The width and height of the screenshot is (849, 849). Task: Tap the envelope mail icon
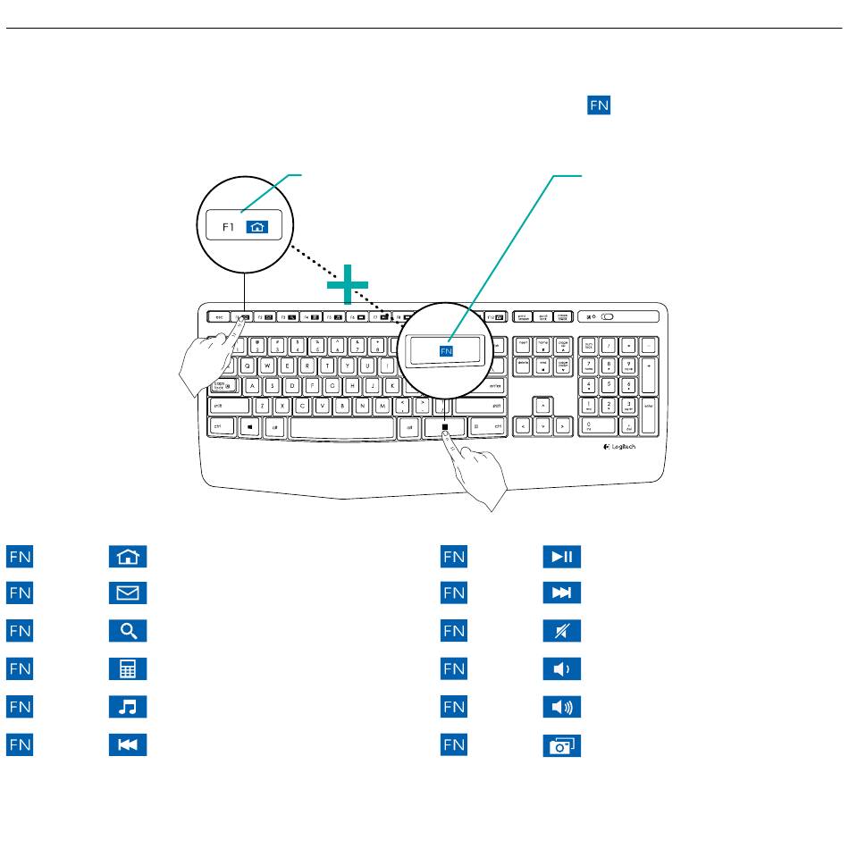click(128, 593)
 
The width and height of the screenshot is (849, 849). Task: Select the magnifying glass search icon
click(128, 631)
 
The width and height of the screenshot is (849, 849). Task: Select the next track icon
click(562, 593)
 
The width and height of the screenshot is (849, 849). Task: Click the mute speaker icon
click(562, 631)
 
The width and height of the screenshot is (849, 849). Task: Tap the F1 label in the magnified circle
click(228, 227)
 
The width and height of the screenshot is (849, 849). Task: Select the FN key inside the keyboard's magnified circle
click(447, 352)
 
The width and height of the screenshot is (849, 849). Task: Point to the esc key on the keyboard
click(219, 316)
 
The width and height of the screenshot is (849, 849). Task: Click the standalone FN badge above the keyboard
click(598, 105)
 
